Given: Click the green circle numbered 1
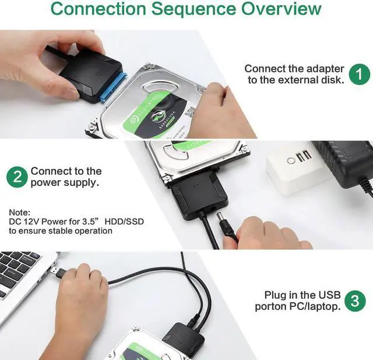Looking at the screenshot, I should tap(360, 74).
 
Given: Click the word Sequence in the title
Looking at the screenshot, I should tap(189, 9).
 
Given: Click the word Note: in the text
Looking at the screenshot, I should tap(19, 213).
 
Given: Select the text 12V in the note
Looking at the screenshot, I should tap(31, 222).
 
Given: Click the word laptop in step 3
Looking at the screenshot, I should tap(322, 306).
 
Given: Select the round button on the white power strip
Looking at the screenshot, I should tap(288, 161).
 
